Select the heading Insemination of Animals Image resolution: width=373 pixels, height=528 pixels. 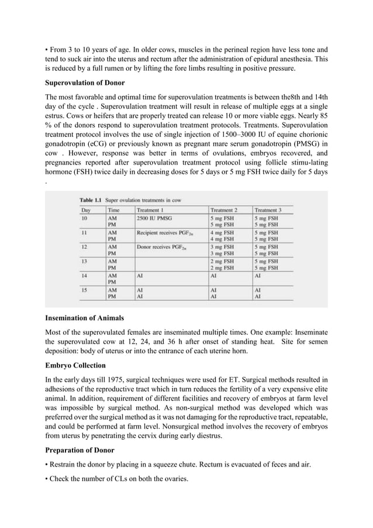[x=84, y=318]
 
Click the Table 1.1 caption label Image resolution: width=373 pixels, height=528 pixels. [x=90, y=200]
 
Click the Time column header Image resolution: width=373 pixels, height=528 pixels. [x=114, y=210]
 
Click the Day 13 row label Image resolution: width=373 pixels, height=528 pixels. [x=85, y=262]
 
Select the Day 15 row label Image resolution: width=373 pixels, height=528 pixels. [x=85, y=290]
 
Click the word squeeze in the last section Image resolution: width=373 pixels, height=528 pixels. [x=162, y=465]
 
